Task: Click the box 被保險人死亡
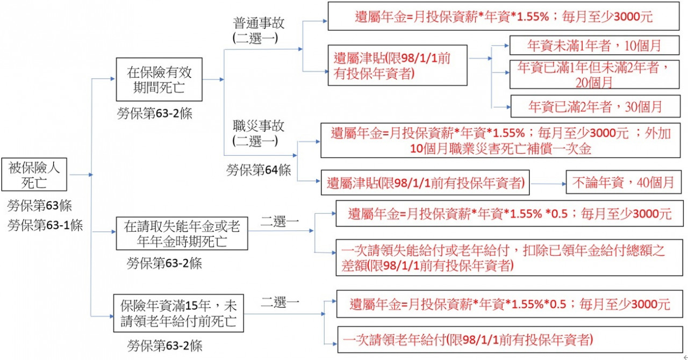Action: [x=34, y=175]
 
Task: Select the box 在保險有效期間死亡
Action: [x=159, y=79]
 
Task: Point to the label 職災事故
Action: [x=259, y=126]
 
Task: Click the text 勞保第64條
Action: [x=259, y=170]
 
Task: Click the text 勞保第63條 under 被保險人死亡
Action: [x=40, y=206]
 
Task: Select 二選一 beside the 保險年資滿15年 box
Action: [x=280, y=303]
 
